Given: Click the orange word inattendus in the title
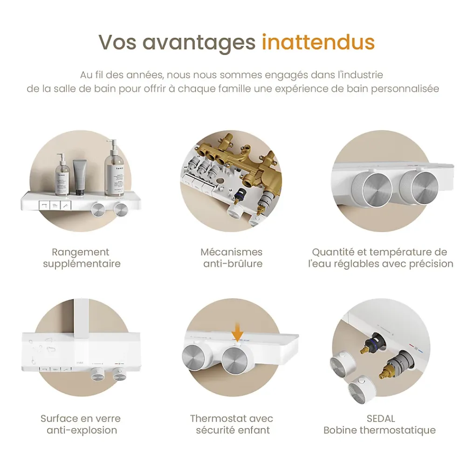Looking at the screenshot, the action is [x=318, y=42].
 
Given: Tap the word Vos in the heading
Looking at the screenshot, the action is [x=117, y=42].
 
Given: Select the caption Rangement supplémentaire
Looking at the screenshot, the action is [x=81, y=258].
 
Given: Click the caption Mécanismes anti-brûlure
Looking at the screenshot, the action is [x=232, y=258].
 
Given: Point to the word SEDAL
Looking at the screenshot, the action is [x=381, y=418].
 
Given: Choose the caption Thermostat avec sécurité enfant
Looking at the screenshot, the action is [x=232, y=424].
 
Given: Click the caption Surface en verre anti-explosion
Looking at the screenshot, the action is [x=81, y=424].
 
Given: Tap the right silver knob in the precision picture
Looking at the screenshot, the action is [x=419, y=187].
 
